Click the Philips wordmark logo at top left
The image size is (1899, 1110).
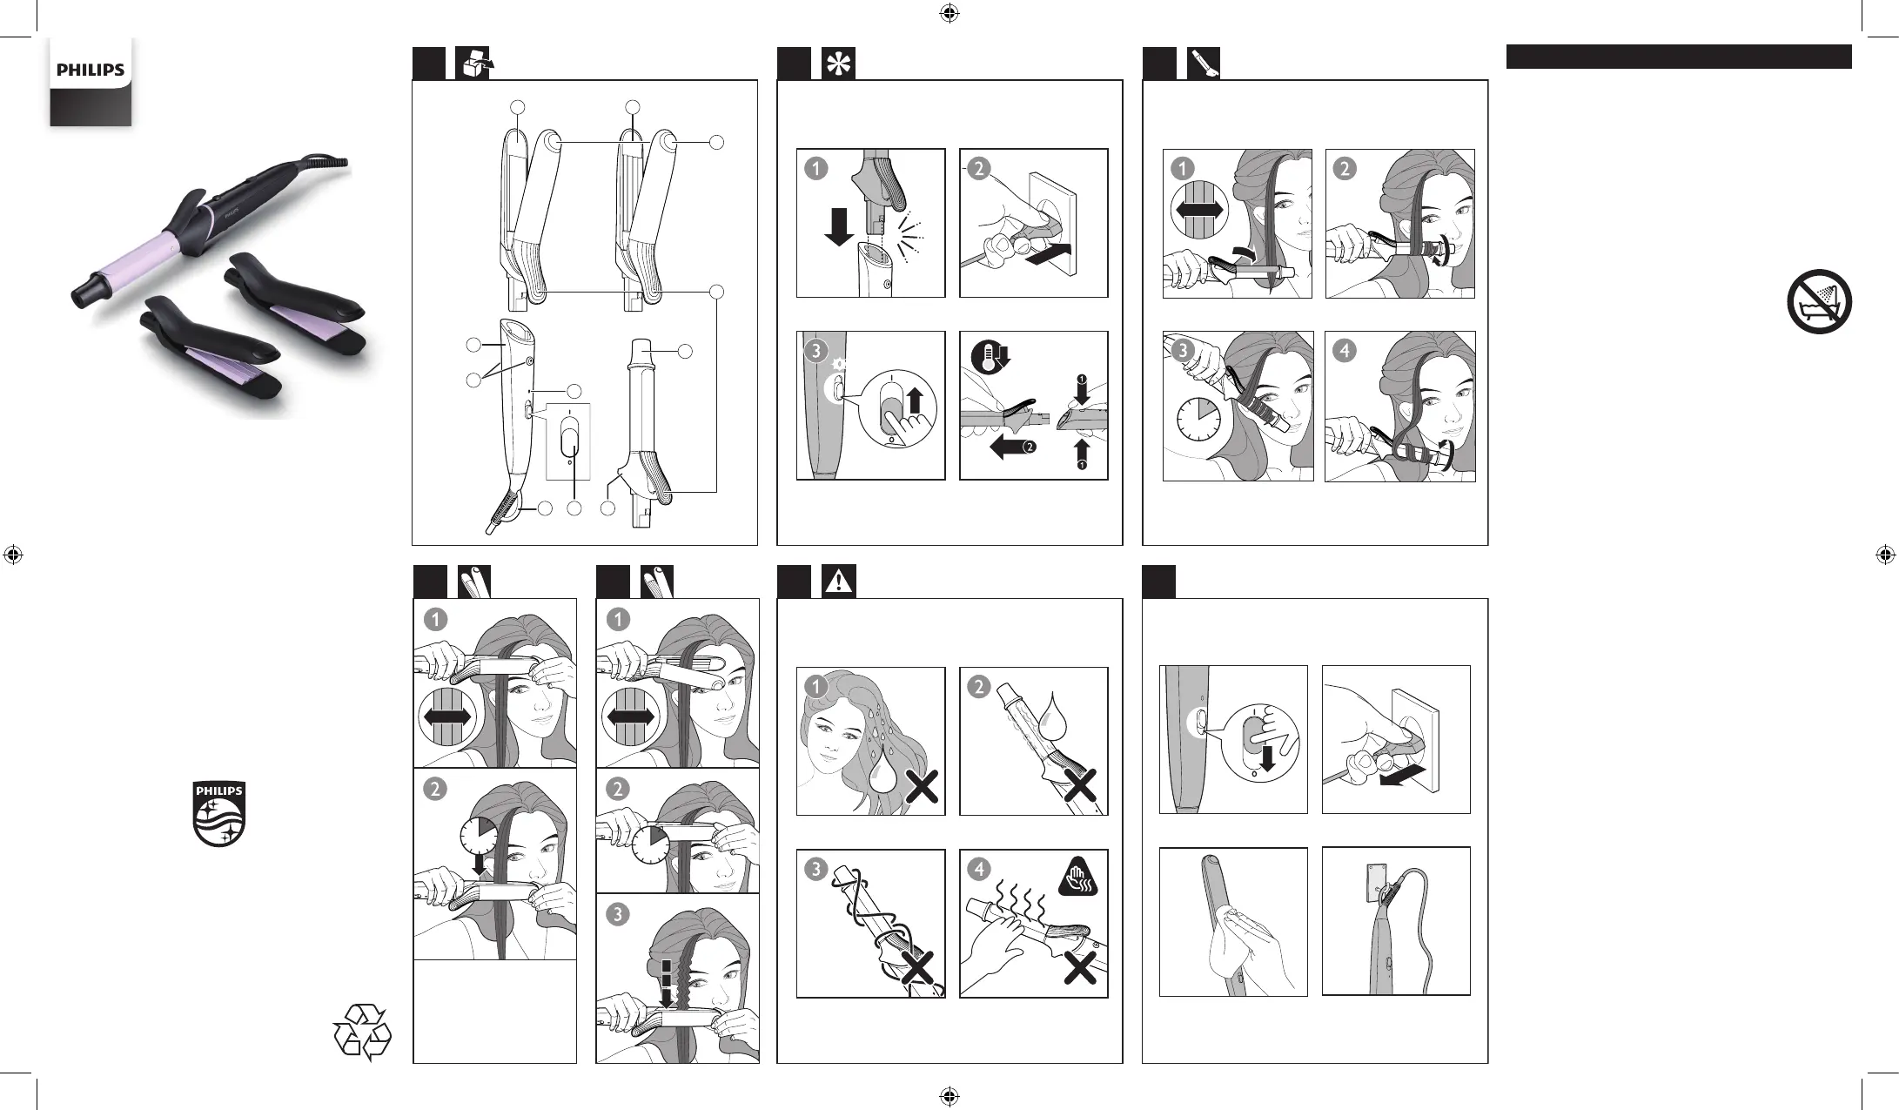point(91,71)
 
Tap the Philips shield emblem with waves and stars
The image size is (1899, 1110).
point(218,814)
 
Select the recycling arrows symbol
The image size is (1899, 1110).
point(363,1033)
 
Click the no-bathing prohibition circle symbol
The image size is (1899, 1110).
point(1819,301)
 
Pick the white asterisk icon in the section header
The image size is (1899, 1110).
point(839,64)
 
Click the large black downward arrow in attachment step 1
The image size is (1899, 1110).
point(839,225)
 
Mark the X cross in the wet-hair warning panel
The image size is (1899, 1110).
point(923,788)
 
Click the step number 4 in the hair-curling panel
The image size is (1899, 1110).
point(1345,351)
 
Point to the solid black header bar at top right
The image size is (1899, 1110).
point(1679,57)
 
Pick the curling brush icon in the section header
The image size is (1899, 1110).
point(1204,64)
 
